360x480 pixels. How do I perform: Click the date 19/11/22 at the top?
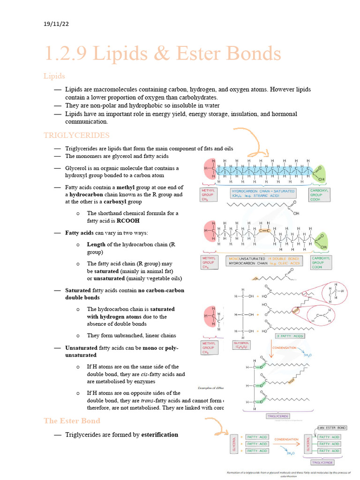[x=55, y=23]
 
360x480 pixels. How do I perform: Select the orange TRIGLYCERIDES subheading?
[x=76, y=135]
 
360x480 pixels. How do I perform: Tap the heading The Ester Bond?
[x=72, y=421]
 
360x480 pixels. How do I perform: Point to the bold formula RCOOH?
[x=128, y=220]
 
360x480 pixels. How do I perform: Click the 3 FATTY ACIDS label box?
[x=290, y=336]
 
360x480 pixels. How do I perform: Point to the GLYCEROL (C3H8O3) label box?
[x=243, y=345]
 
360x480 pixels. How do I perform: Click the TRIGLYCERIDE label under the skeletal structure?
[x=278, y=416]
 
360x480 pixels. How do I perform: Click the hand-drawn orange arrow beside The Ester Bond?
[x=217, y=427]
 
